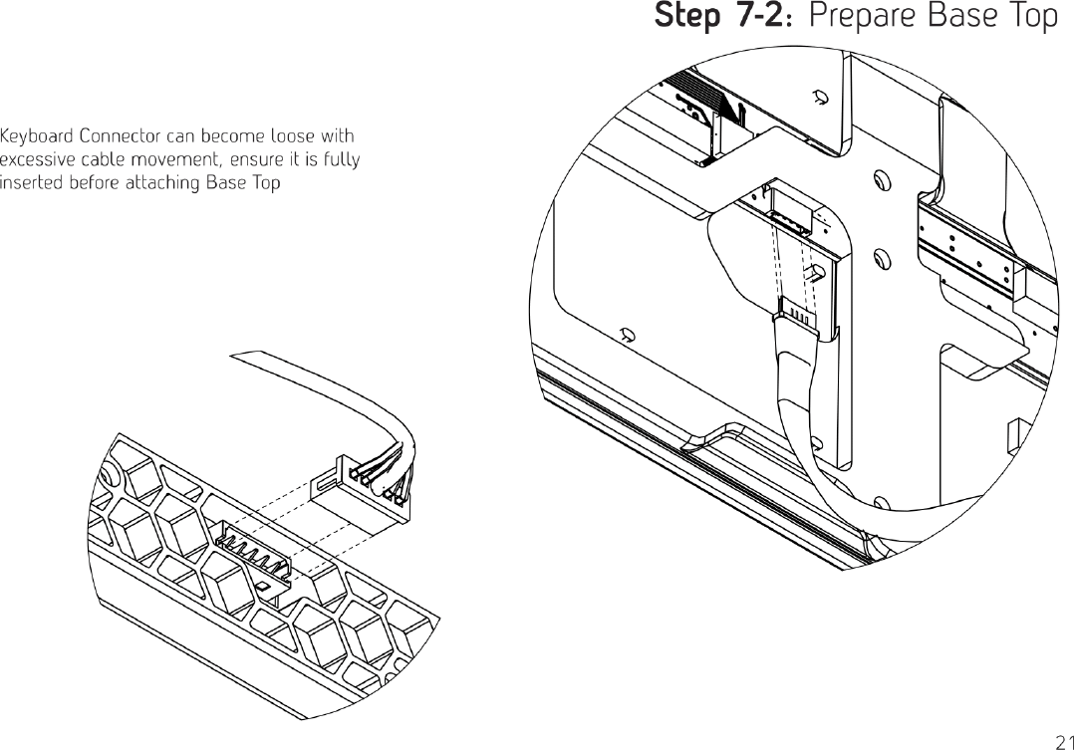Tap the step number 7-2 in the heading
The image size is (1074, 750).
pyautogui.click(x=762, y=17)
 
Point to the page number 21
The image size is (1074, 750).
pyautogui.click(x=1062, y=739)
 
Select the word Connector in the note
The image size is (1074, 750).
pyautogui.click(x=122, y=135)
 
